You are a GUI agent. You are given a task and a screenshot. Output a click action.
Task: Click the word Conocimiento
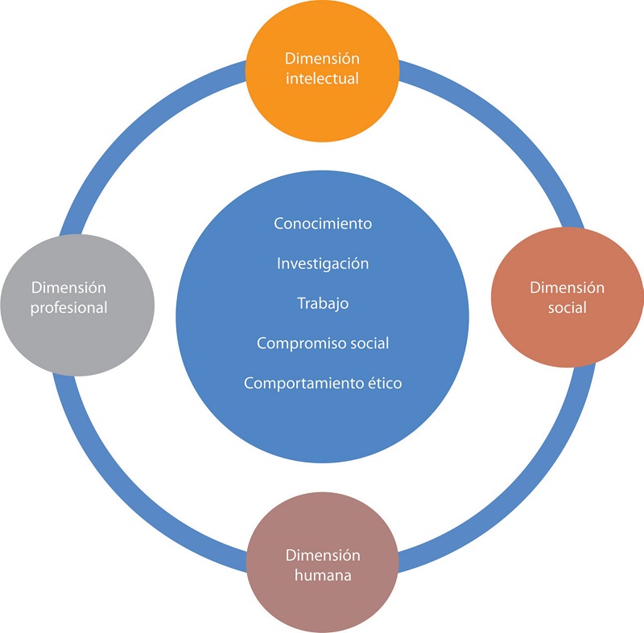[322, 224]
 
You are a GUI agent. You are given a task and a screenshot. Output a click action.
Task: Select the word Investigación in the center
[322, 264]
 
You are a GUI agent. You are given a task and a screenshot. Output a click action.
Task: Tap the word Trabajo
[322, 303]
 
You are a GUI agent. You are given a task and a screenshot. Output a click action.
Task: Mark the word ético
[385, 384]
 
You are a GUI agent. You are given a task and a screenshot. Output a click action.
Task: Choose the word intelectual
[322, 79]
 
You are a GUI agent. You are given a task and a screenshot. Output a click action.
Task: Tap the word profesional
[69, 307]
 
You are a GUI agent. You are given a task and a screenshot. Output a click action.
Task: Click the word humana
[322, 576]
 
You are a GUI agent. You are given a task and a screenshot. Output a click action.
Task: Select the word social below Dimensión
[568, 307]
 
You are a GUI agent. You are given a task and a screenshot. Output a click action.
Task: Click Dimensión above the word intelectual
[322, 59]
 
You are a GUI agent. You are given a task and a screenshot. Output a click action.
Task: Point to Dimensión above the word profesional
[69, 287]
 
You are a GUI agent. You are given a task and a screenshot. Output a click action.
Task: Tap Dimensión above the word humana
[322, 556]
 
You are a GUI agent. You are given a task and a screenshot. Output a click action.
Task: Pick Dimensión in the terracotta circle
[568, 287]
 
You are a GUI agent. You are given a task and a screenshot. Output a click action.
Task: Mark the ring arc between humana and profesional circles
[134, 501]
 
